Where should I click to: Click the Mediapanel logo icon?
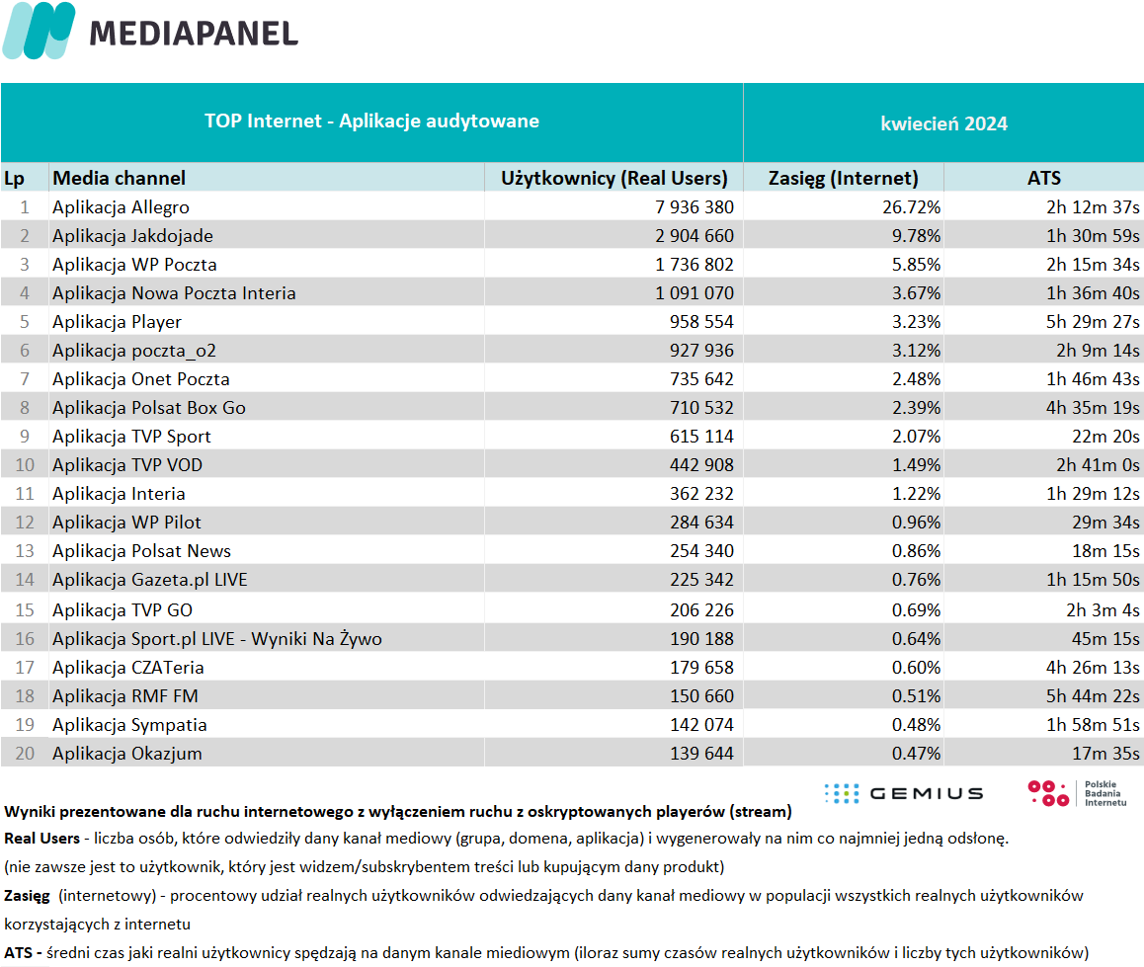click(x=39, y=31)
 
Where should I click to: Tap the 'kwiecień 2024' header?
click(x=943, y=124)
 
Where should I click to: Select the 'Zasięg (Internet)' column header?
click(x=843, y=179)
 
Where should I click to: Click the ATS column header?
click(x=1044, y=178)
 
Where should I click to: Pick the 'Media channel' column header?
click(x=119, y=178)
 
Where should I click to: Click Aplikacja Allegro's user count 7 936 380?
click(x=694, y=207)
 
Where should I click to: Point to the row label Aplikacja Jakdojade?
click(x=132, y=236)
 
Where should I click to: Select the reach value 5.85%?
click(x=916, y=265)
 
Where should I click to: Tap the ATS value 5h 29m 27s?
click(x=1093, y=322)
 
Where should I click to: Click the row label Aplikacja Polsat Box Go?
click(x=149, y=408)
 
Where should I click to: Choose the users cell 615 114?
click(x=701, y=437)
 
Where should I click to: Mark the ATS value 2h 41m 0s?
click(x=1098, y=465)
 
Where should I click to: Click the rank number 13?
click(x=25, y=551)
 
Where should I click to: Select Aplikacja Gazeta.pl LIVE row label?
click(x=149, y=580)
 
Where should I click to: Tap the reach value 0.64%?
click(x=916, y=639)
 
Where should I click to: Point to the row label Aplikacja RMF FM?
click(x=124, y=696)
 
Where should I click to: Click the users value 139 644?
click(x=701, y=754)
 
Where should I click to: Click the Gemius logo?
click(x=904, y=793)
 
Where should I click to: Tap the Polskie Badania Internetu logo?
click(x=1077, y=793)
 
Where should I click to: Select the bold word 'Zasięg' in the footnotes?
click(x=27, y=896)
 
